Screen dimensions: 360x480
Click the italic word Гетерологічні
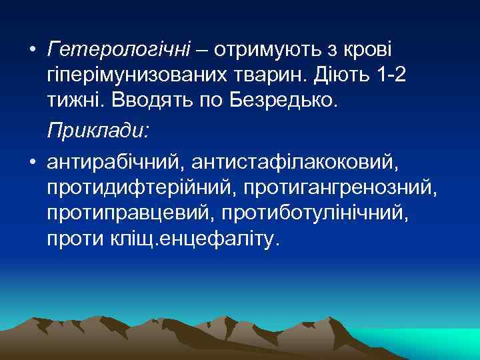point(118,50)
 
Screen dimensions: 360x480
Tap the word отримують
point(262,50)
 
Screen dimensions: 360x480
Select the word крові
point(368,50)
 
